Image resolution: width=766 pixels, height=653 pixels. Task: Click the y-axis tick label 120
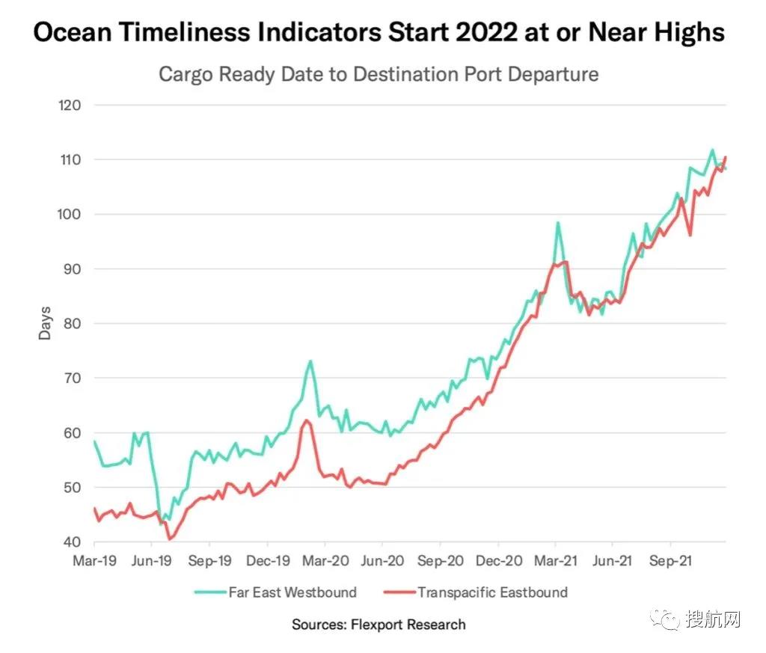(70, 105)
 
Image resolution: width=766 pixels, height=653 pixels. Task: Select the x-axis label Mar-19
(94, 560)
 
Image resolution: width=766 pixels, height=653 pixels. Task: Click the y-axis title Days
(46, 323)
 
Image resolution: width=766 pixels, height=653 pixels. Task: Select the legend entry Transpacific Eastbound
(492, 592)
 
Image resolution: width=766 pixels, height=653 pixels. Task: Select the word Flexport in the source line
(379, 625)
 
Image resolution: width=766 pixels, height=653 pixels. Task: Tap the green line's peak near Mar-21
(557, 222)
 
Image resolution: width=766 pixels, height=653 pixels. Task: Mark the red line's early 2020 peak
(307, 420)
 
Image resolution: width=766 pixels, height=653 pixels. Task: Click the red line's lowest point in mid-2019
(170, 539)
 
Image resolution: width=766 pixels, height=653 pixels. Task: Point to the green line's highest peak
(712, 150)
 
